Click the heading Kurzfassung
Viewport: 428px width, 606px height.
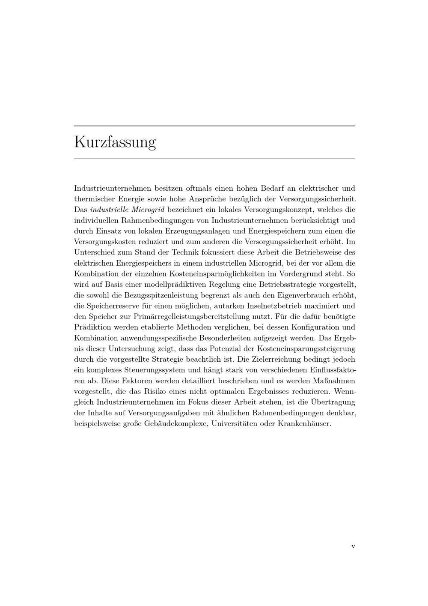(115, 142)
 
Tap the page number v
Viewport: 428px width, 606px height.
(353, 546)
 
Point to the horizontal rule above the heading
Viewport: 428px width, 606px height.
(214, 126)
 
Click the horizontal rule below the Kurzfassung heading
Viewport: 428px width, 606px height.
(214, 158)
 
